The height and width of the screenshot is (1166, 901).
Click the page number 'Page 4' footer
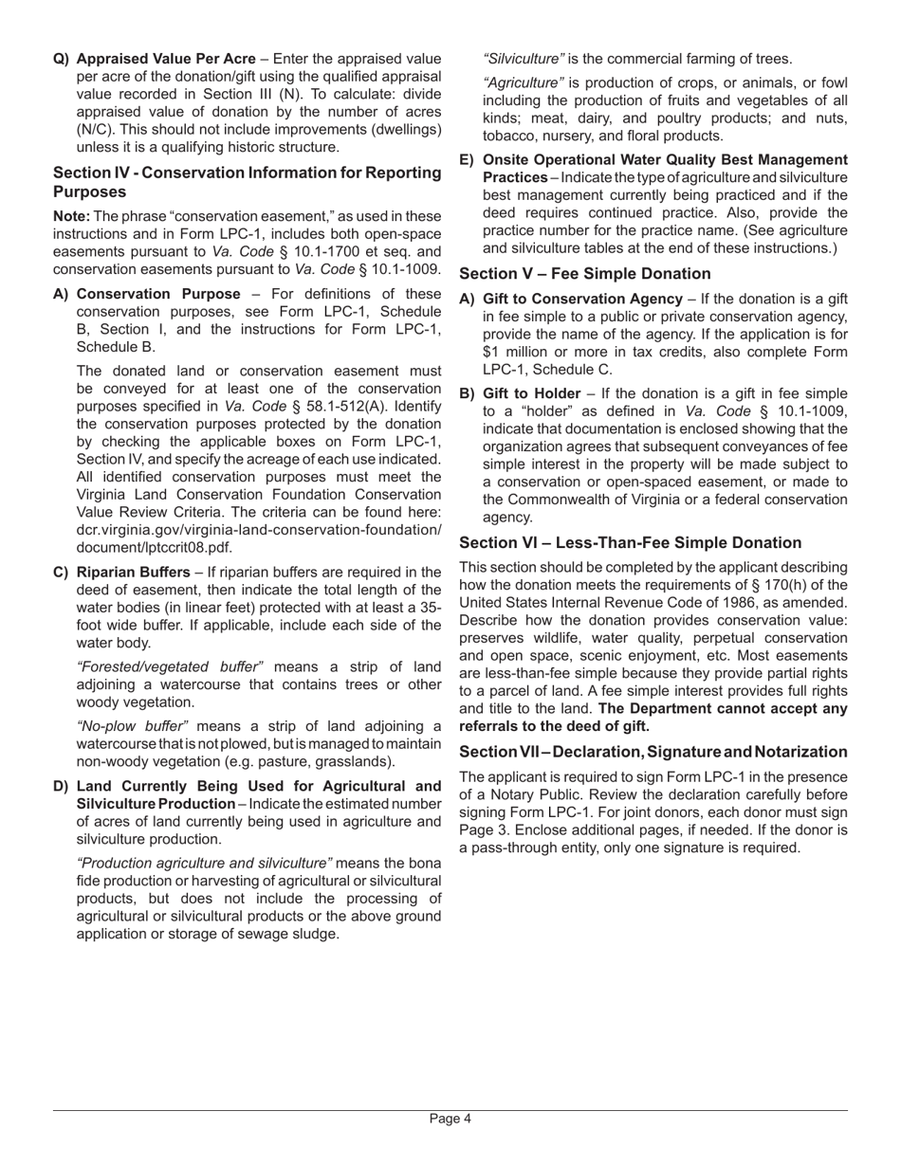tap(450, 1119)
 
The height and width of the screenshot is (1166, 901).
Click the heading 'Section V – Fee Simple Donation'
tap(585, 274)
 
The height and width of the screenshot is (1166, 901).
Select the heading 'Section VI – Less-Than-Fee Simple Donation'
tap(630, 543)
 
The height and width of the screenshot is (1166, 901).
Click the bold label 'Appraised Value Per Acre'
tap(166, 59)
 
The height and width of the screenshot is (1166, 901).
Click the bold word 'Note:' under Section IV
tap(72, 216)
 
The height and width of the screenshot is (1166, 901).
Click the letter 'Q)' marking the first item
tap(61, 59)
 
